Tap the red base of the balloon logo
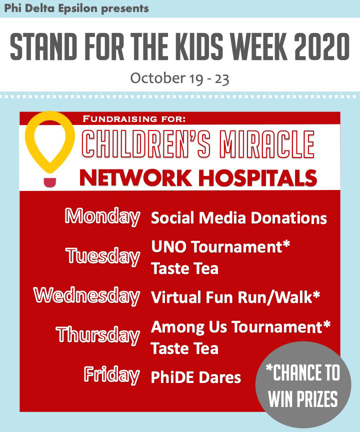click(x=50, y=182)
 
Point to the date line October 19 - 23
click(x=179, y=79)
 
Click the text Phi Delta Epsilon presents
click(x=76, y=8)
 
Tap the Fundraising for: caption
click(x=134, y=119)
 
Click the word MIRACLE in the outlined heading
click(x=269, y=144)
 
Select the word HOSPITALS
click(x=258, y=177)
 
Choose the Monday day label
click(x=102, y=217)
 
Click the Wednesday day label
click(x=87, y=296)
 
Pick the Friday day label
click(x=112, y=375)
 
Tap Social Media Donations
click(x=239, y=218)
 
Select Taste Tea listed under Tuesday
click(x=185, y=268)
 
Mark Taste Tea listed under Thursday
click(x=185, y=348)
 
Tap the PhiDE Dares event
click(x=196, y=377)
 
